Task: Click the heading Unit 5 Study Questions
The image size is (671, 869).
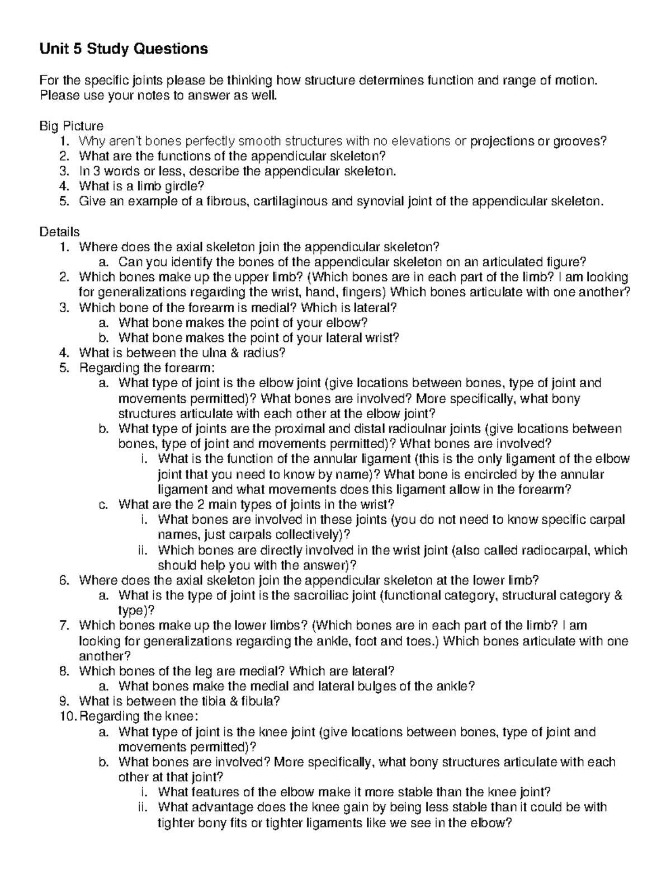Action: tap(123, 49)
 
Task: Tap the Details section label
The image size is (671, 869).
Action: tap(59, 232)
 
